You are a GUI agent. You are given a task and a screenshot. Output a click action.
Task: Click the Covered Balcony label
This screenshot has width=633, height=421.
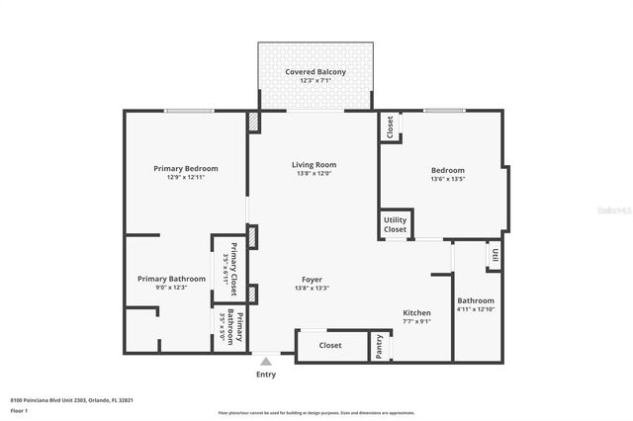(x=315, y=72)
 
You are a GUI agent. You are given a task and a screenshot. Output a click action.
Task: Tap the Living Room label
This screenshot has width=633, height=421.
(x=314, y=164)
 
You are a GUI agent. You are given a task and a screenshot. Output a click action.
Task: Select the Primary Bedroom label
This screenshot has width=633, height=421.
(x=186, y=168)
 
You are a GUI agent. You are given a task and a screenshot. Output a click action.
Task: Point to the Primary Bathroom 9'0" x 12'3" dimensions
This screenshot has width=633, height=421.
(x=172, y=288)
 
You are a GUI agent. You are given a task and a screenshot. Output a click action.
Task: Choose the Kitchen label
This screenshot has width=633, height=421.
(x=416, y=312)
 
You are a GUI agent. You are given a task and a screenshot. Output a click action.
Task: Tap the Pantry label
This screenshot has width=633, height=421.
(x=380, y=347)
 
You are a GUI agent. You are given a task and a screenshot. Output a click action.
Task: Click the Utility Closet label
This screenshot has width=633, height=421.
(x=396, y=225)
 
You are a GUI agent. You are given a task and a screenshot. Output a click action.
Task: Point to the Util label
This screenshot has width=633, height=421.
(x=494, y=255)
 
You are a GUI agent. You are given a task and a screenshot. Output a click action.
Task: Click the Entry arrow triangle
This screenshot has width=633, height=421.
(x=266, y=362)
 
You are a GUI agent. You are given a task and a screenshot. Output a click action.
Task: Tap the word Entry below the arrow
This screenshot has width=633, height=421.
(x=266, y=375)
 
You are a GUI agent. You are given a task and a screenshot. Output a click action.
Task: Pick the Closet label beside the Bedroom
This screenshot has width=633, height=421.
(x=391, y=126)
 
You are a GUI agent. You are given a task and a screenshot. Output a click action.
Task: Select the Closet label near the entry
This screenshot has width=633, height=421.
(x=330, y=346)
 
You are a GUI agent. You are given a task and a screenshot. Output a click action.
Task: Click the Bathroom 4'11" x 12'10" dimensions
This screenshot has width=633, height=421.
(x=475, y=309)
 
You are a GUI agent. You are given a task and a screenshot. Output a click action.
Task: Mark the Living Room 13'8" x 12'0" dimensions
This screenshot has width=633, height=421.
(x=314, y=173)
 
